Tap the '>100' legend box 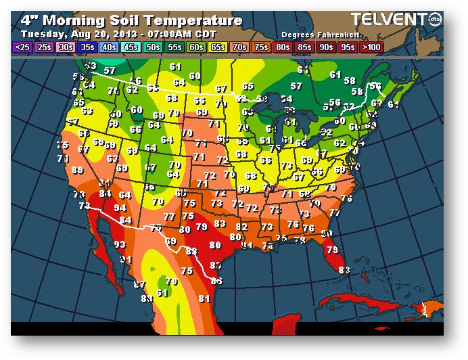coord(371,47)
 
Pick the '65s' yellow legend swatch coord(218,47)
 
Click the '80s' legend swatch coord(282,47)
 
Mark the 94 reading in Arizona coord(122,207)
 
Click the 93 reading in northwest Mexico coord(120,244)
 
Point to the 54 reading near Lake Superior coord(286,99)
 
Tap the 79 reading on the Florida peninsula coord(332,250)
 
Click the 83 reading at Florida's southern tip coord(344,270)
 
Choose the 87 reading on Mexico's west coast coord(139,284)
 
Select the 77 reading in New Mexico coord(169,217)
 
